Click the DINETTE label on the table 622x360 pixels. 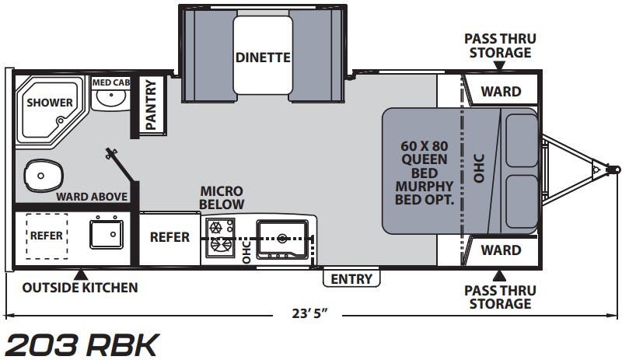pyautogui.click(x=263, y=58)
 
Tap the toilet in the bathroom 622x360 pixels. pyautogui.click(x=42, y=175)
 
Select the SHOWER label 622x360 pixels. pyautogui.click(x=50, y=103)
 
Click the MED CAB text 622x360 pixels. pyautogui.click(x=110, y=82)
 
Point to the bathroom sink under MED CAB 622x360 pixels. pyautogui.click(x=110, y=99)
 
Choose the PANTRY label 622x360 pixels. pyautogui.click(x=150, y=106)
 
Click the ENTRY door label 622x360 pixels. pyautogui.click(x=351, y=278)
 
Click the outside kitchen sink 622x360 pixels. pyautogui.click(x=106, y=232)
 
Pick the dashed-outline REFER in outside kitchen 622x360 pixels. pyautogui.click(x=47, y=235)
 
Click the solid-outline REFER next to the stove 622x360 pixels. pyautogui.click(x=169, y=237)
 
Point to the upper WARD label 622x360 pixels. pyautogui.click(x=501, y=92)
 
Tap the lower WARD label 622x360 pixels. pyautogui.click(x=501, y=250)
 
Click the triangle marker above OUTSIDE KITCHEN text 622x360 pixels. pyautogui.click(x=80, y=274)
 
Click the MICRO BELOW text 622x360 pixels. pyautogui.click(x=222, y=197)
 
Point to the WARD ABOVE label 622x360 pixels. pyautogui.click(x=93, y=196)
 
